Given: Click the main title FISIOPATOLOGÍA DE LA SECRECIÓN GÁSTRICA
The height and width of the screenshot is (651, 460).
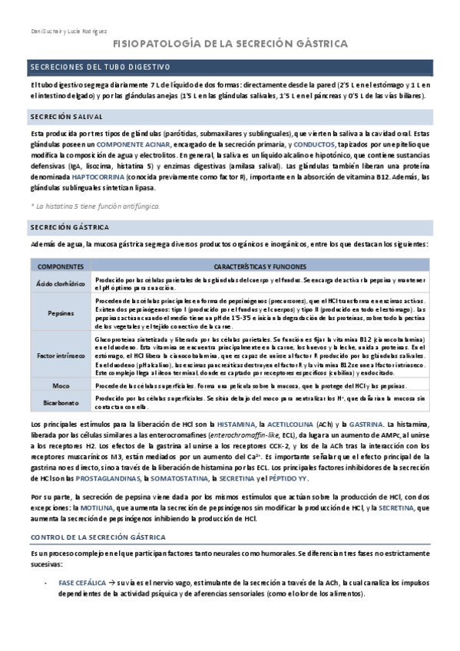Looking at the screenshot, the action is tap(230, 45).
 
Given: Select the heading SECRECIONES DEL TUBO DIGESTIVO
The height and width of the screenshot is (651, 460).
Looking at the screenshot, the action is tap(100, 68).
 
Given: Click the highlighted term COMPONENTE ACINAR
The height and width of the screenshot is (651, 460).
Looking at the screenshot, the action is tap(136, 144).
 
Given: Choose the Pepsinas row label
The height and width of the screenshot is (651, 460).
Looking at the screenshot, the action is tap(60, 314).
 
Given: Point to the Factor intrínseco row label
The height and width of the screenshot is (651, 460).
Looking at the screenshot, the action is tap(60, 355).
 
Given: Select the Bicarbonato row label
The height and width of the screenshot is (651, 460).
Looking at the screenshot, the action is tap(60, 401).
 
